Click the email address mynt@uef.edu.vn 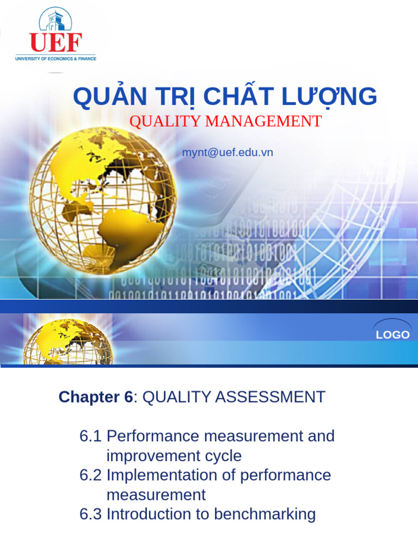click(228, 152)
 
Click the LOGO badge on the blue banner click(392, 334)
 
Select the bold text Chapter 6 click(95, 397)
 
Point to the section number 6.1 click(90, 436)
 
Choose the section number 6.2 click(90, 475)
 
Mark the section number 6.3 click(90, 514)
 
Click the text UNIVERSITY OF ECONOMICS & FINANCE click(56, 58)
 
